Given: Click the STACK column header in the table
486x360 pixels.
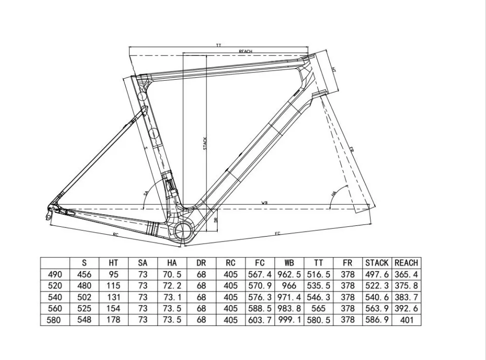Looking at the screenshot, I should tap(377, 263).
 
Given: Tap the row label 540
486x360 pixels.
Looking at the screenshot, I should tap(55, 297).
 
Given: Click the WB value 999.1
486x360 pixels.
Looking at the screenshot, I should tap(289, 320).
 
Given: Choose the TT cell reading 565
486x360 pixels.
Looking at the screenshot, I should tap(318, 309).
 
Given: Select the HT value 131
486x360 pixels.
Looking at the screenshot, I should tap(113, 297).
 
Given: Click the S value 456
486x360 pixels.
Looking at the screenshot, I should tap(84, 274).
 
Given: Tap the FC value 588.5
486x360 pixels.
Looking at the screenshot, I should tap(260, 309).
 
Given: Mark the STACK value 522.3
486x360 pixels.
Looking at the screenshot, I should tap(377, 286).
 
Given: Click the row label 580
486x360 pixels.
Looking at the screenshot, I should tap(55, 320).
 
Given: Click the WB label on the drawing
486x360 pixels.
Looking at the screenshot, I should tap(265, 203).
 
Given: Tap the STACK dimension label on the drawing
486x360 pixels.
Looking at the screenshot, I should tap(205, 143).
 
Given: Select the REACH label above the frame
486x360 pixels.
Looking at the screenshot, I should tap(245, 51).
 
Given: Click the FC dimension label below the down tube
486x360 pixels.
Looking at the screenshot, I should tap(277, 234).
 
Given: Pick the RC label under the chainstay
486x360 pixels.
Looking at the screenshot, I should tap(116, 235).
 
